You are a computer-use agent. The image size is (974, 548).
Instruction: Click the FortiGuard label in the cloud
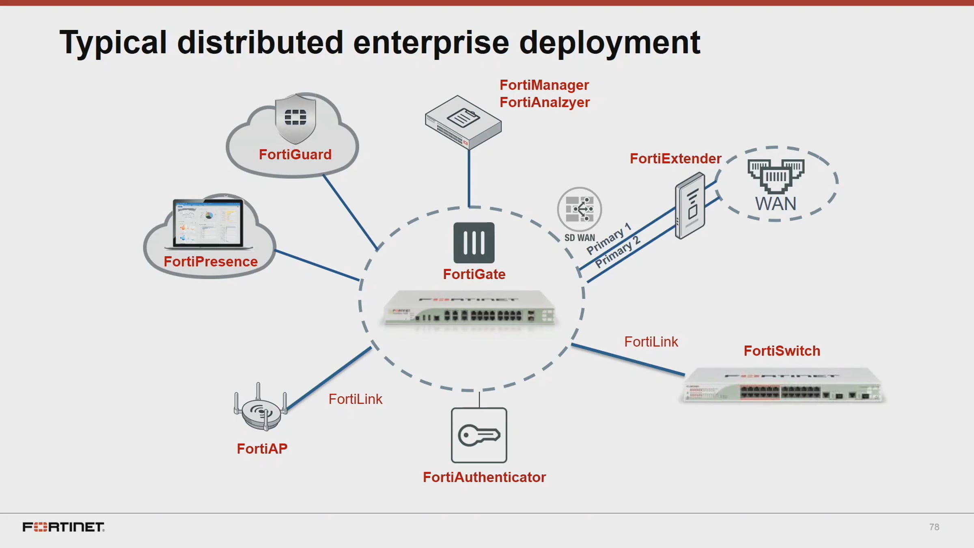(295, 155)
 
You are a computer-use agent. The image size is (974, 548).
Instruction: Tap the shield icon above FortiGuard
(295, 118)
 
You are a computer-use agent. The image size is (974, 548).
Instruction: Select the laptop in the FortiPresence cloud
(208, 224)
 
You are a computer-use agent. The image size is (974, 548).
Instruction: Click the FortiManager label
(544, 85)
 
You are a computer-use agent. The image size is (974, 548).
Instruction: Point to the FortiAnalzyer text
(544, 102)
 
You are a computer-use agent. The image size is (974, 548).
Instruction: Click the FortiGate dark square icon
(474, 243)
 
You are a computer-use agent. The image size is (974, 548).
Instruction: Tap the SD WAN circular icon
(579, 209)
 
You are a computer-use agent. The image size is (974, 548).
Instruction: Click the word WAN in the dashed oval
(776, 204)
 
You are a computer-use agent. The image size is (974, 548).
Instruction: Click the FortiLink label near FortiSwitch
(651, 342)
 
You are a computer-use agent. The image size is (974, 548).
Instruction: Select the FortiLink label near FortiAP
(355, 399)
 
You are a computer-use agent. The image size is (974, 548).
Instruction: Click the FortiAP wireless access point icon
(261, 408)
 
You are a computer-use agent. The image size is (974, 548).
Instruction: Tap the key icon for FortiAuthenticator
(479, 435)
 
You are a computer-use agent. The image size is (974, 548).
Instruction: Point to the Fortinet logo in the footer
(63, 527)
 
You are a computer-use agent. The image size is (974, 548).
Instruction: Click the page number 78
(934, 527)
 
